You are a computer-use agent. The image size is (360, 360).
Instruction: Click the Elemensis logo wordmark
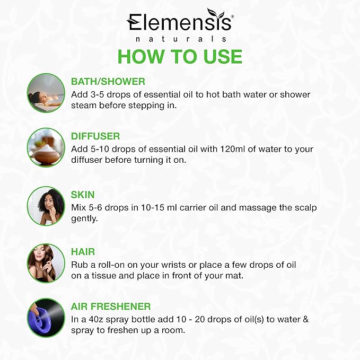coord(179,24)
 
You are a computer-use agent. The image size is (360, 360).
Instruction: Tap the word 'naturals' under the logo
coord(180,39)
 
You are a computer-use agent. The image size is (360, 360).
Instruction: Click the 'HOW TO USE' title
coord(180,57)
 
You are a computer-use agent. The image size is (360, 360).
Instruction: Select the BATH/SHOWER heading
coord(108,82)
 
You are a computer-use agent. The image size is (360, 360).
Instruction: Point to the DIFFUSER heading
coord(95,136)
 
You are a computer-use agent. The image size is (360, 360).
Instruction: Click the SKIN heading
coord(83,195)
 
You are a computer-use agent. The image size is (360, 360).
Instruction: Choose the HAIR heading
coord(83,252)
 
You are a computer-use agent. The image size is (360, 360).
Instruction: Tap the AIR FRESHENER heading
coord(110,306)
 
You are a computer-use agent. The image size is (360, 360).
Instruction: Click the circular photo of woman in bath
coord(46,93)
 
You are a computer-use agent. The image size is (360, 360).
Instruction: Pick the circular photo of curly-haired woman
coord(46,206)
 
